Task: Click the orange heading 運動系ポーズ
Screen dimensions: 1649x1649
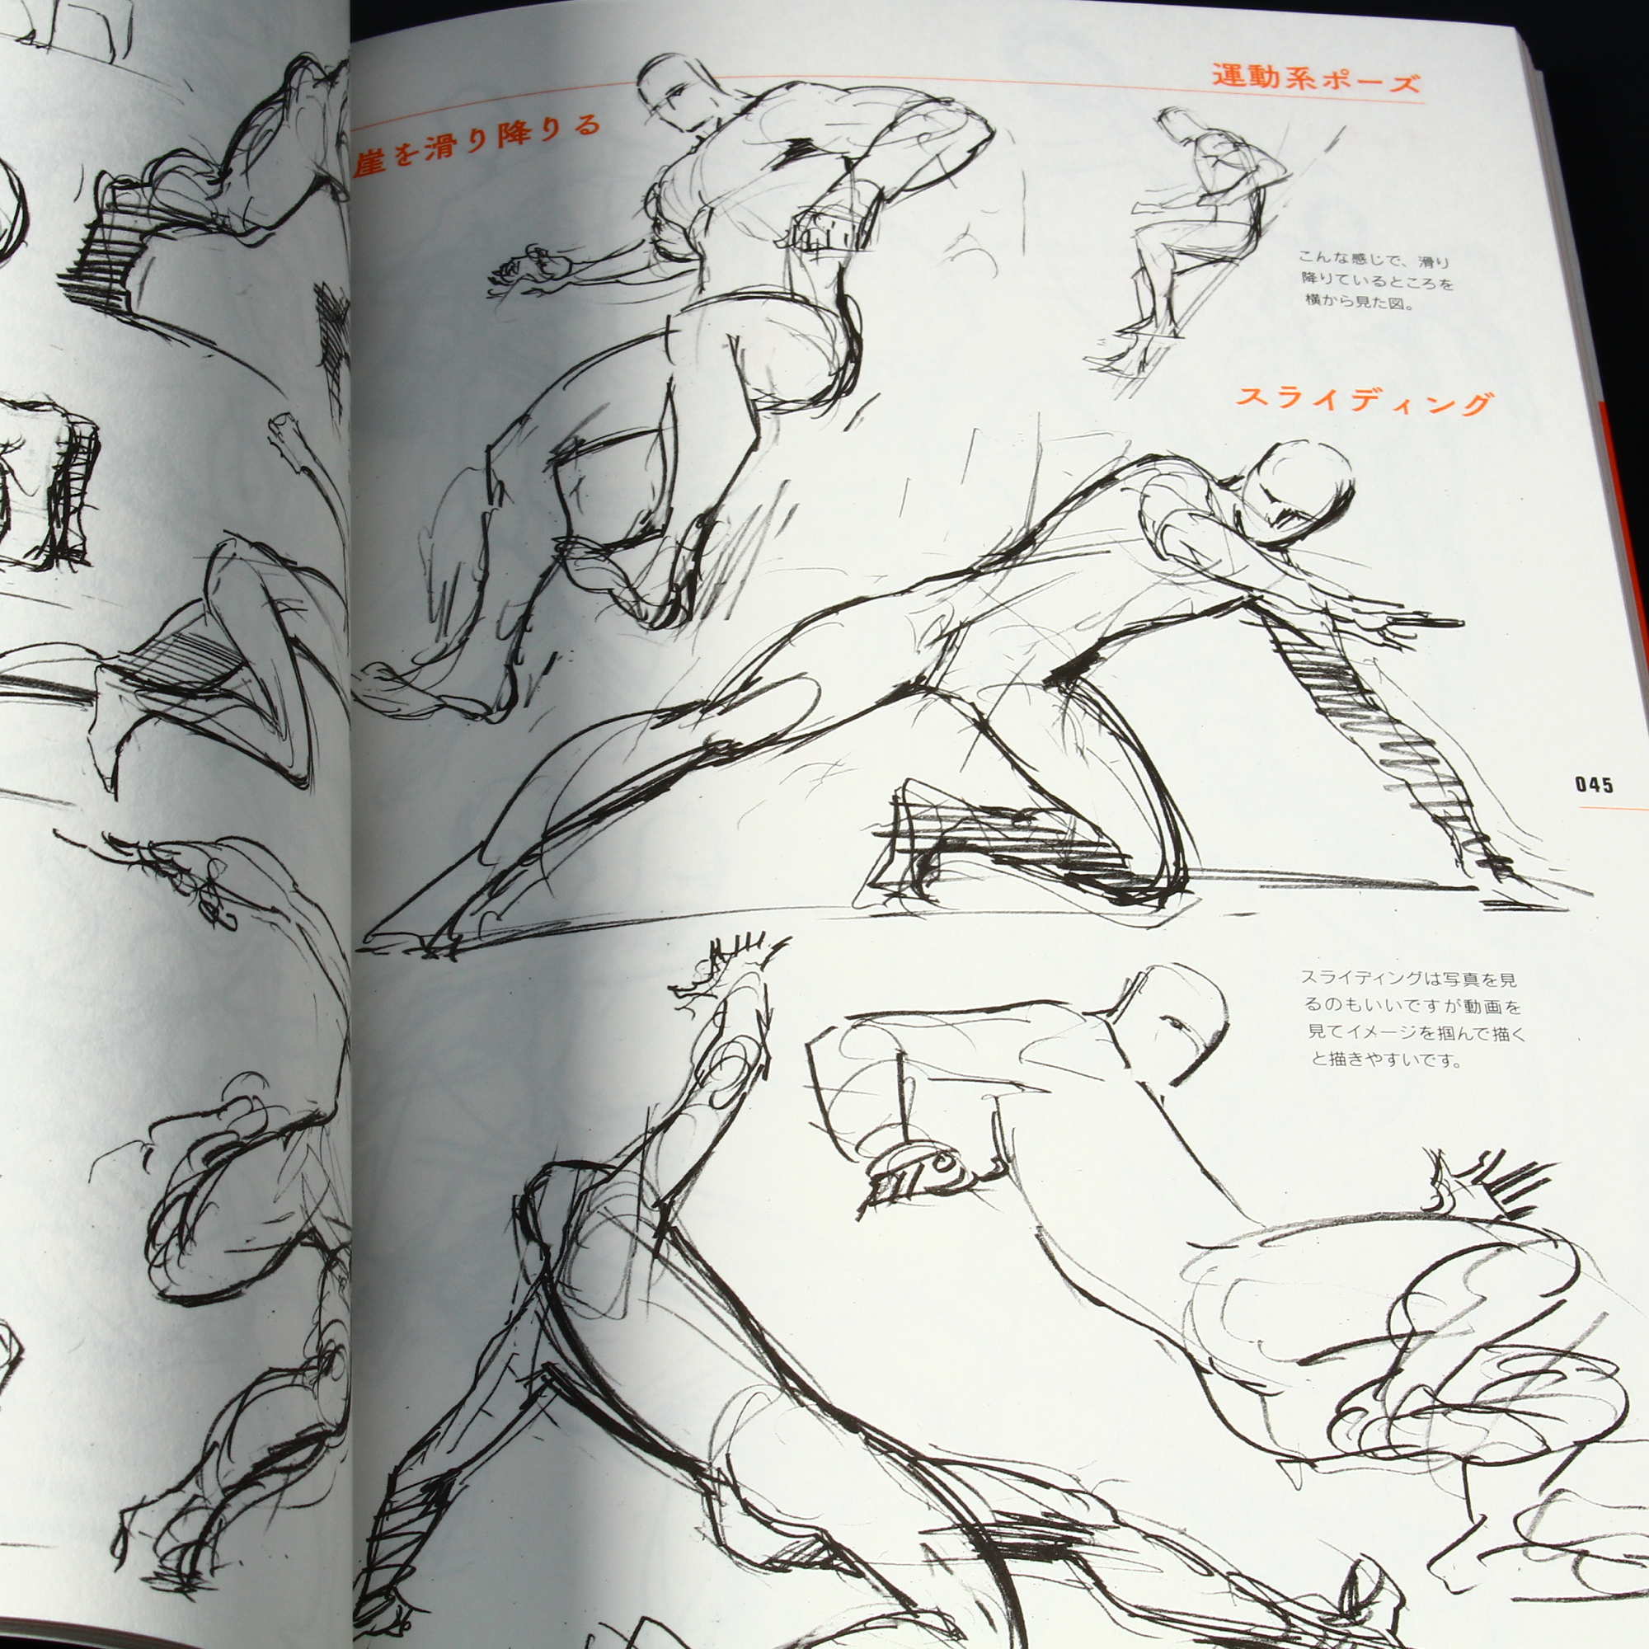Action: pyautogui.click(x=1316, y=80)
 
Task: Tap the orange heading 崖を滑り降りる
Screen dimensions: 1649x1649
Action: pyautogui.click(x=477, y=143)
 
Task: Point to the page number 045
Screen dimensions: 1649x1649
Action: pyautogui.click(x=1595, y=784)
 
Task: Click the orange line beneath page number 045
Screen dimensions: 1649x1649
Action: pyautogui.click(x=1614, y=806)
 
